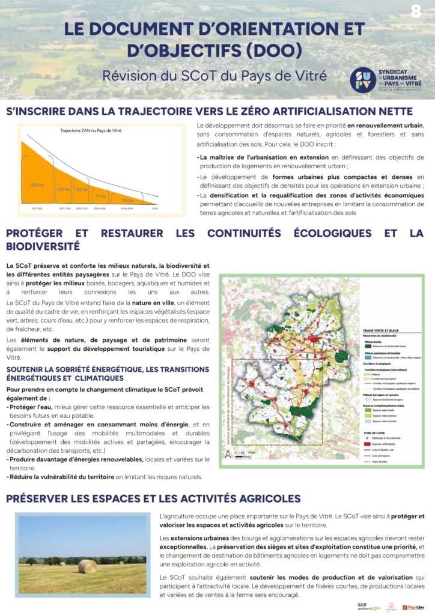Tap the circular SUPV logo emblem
click(x=363, y=80)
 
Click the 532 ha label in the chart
click(x=37, y=184)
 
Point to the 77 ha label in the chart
click(x=100, y=196)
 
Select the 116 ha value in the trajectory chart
click(x=128, y=199)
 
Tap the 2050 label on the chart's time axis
click(x=156, y=208)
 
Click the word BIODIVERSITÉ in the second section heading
click(x=43, y=246)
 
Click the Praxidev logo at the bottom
click(x=413, y=607)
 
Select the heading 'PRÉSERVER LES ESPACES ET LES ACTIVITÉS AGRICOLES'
click(x=153, y=498)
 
